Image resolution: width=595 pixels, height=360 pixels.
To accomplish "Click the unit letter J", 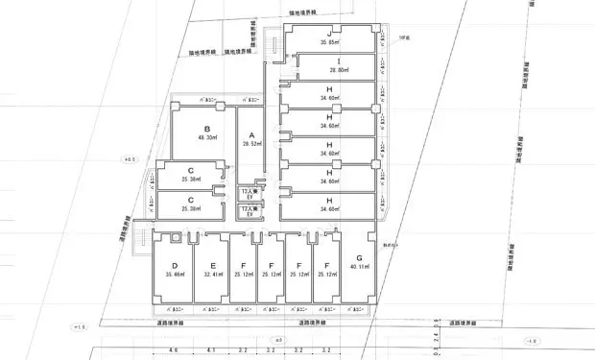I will [329, 33].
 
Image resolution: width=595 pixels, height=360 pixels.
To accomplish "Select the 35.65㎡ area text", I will [329, 43].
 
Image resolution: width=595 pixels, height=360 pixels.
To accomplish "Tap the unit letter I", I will [329, 60].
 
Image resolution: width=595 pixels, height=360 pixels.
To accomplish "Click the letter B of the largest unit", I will [206, 128].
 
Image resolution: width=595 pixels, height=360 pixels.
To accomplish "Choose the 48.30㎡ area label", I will [206, 138].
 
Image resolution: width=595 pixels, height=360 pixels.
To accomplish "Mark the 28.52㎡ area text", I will [250, 144].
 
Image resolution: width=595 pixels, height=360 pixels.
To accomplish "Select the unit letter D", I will [174, 264].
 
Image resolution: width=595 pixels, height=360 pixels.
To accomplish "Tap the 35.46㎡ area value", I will [174, 275].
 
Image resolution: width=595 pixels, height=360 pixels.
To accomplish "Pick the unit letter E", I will [212, 264].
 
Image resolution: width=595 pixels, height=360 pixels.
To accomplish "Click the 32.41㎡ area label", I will [212, 275].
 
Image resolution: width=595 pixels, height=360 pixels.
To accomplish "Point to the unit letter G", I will [358, 258].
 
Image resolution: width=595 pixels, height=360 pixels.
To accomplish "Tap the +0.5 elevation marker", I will [131, 158].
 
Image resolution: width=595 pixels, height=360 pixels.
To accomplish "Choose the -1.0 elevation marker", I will [531, 340].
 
